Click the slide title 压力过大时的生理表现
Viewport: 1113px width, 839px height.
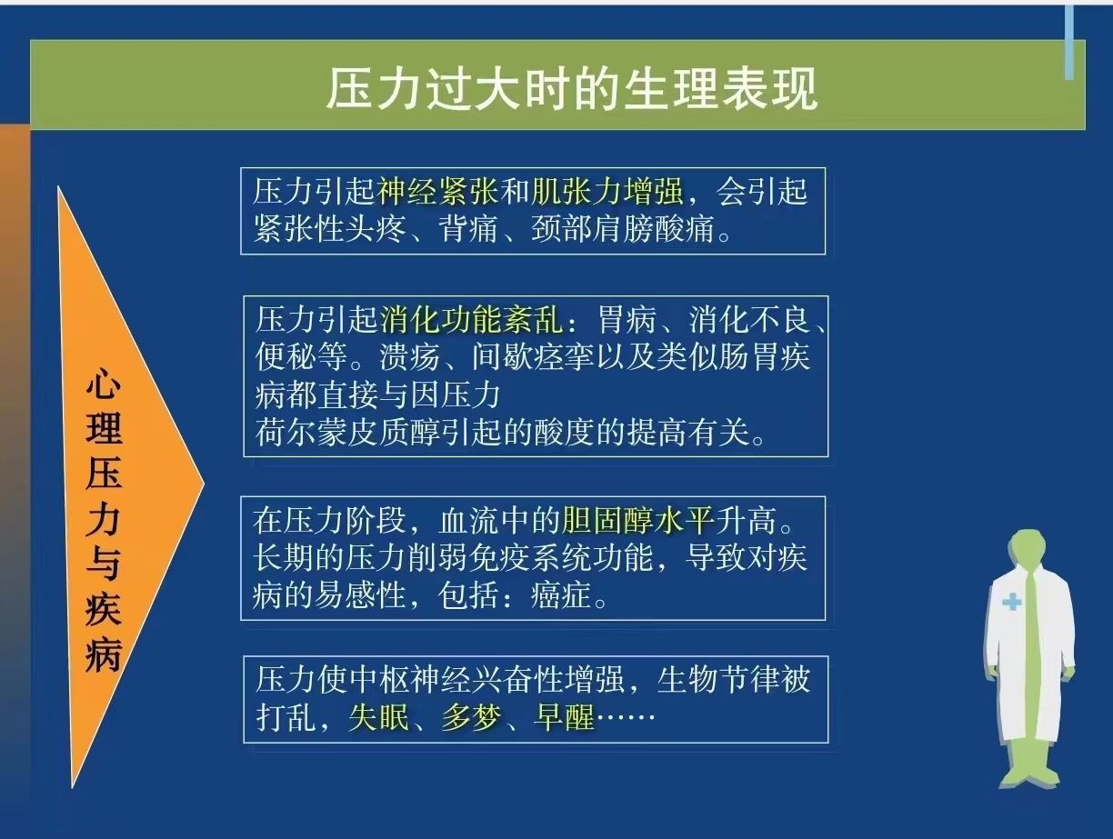(571, 89)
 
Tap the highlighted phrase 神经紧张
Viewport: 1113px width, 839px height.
(438, 192)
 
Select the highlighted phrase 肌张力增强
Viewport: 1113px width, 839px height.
(607, 192)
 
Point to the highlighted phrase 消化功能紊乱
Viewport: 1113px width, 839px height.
(471, 320)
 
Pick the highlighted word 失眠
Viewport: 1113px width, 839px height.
(379, 717)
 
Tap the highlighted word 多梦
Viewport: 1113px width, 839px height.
(471, 717)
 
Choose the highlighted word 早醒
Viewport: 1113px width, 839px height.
(564, 717)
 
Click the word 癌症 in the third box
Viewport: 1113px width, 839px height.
(561, 594)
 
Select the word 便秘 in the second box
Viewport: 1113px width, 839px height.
(286, 357)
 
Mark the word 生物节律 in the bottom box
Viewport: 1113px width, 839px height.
(718, 679)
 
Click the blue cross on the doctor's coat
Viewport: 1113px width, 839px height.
(1011, 602)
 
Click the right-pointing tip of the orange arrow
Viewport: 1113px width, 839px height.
(204, 484)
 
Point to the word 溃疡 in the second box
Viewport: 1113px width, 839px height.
(410, 357)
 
